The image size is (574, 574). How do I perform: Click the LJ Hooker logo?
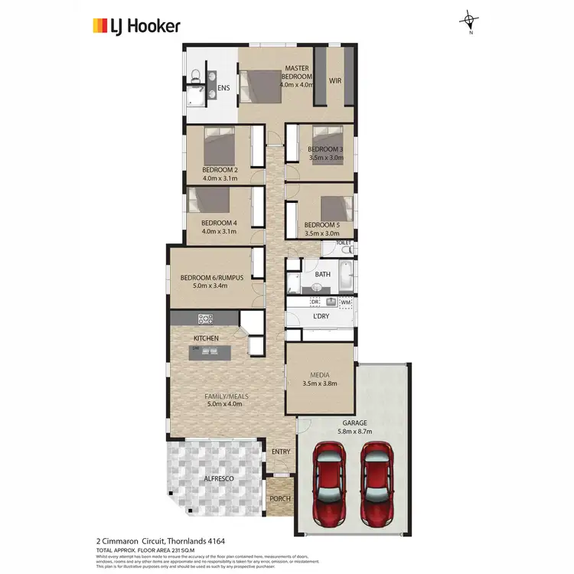tap(136, 26)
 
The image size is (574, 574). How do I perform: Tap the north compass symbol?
tap(470, 21)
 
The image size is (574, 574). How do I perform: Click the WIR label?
tap(335, 80)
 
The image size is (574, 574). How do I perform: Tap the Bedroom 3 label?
tap(325, 148)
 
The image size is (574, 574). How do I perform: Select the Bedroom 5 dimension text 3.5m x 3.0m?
tap(321, 233)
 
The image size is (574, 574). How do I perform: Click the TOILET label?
tap(344, 243)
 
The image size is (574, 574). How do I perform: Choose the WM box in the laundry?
tap(345, 302)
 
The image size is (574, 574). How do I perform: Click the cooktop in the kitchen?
tap(205, 318)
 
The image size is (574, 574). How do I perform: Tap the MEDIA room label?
tap(320, 375)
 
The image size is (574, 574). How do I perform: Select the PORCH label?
tap(279, 501)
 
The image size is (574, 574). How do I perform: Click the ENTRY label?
tap(281, 452)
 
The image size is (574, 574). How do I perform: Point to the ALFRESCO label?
tap(218, 478)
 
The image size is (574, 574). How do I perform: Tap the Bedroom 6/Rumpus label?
tap(212, 277)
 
